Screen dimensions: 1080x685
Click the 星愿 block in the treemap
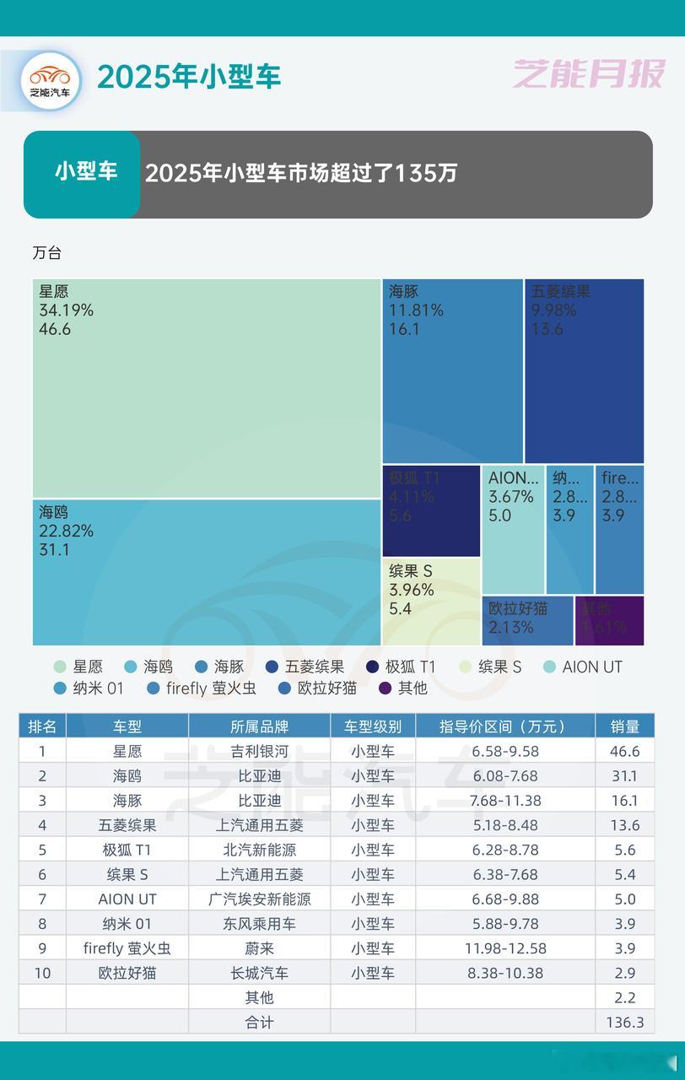click(207, 388)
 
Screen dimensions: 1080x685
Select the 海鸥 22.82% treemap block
click(207, 572)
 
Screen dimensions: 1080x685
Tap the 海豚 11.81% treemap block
click(452, 371)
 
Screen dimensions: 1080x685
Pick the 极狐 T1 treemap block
click(431, 510)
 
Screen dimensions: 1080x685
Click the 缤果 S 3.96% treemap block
click(431, 601)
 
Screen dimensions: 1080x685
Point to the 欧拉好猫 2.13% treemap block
click(528, 620)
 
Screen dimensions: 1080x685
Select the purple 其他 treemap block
click(609, 620)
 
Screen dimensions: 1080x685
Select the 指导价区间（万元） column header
click(504, 726)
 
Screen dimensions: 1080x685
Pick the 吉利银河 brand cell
click(259, 751)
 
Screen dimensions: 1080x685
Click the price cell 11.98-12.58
click(504, 948)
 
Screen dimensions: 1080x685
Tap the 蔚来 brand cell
click(259, 948)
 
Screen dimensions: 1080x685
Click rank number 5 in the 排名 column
click(42, 850)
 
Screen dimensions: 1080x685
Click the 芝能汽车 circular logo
click(51, 80)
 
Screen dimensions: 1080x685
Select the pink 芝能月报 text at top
click(589, 74)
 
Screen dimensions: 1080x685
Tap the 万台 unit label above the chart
click(47, 253)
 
